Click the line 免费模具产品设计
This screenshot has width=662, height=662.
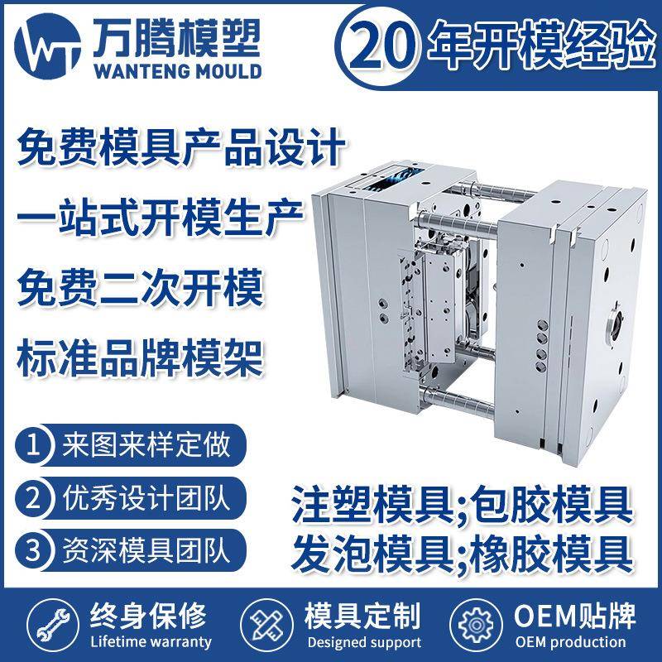[x=180, y=151]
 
